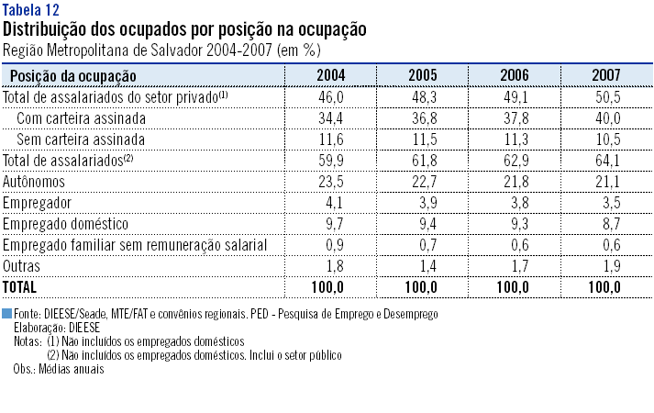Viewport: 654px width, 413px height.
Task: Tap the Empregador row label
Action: click(x=39, y=202)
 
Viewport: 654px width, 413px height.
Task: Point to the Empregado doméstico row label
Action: click(x=64, y=223)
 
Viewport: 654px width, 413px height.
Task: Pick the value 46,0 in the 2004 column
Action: click(x=330, y=97)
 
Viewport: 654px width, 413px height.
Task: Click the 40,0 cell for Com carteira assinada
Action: click(x=607, y=118)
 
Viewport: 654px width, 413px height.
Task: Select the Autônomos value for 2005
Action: click(x=422, y=182)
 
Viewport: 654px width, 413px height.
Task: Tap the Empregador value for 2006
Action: click(x=514, y=202)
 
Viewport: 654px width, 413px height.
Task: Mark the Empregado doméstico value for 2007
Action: click(x=607, y=223)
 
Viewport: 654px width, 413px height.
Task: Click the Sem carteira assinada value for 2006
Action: click(x=514, y=140)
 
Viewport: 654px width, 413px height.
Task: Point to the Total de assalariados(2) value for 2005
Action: click(x=422, y=161)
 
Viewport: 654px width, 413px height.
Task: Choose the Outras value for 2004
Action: click(x=330, y=265)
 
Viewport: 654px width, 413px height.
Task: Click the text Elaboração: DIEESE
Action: click(x=57, y=326)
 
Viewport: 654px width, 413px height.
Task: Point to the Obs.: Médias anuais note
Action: click(x=59, y=369)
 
